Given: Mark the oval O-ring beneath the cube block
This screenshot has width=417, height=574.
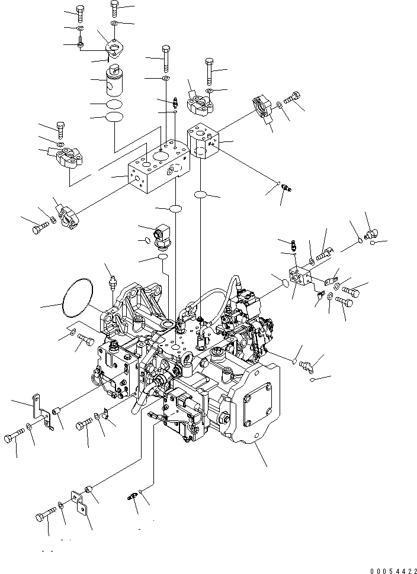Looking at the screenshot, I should pyautogui.click(x=201, y=195).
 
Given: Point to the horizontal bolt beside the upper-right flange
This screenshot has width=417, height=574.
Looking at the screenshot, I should pyautogui.click(x=293, y=97).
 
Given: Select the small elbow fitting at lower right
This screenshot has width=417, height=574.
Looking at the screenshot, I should pyautogui.click(x=306, y=367).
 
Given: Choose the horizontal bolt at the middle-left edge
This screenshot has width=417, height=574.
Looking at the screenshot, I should pyautogui.click(x=39, y=225).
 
